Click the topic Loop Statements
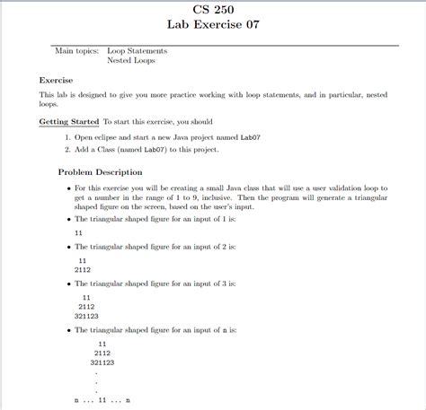pos(137,51)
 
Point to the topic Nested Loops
pos(131,61)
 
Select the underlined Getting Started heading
pos(69,120)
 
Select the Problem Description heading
pos(100,171)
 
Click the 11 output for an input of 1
pos(79,232)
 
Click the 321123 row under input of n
pos(102,362)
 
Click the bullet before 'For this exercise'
pos(68,188)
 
